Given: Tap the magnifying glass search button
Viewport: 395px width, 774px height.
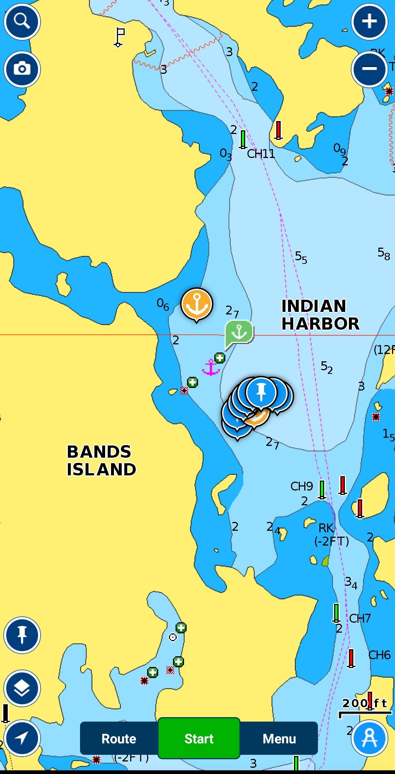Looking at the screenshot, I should click(x=22, y=21).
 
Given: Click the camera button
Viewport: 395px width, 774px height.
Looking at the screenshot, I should click(x=22, y=69).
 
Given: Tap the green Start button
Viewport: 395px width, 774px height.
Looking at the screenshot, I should click(x=199, y=739).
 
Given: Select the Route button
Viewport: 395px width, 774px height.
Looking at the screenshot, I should click(x=119, y=739).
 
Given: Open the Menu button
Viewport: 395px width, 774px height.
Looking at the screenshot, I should click(x=279, y=739).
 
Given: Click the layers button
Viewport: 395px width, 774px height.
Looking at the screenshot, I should click(x=22, y=688).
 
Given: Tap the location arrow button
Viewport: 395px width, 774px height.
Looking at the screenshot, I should click(x=22, y=738).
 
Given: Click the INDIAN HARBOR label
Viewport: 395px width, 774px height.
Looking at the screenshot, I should click(x=320, y=315).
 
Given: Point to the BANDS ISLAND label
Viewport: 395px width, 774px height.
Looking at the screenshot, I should click(x=101, y=461).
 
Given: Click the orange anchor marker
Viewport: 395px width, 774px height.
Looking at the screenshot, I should click(x=197, y=304).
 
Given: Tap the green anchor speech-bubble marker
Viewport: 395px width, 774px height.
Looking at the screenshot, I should click(x=239, y=331).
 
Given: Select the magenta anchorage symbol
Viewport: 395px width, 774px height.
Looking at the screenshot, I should click(x=211, y=368).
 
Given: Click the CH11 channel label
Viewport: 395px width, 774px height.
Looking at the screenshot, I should click(x=261, y=154).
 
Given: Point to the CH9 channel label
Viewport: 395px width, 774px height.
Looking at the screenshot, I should click(x=301, y=486).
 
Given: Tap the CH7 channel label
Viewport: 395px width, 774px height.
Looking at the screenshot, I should click(x=360, y=618).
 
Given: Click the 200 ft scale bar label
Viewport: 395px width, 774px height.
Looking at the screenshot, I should click(x=364, y=703).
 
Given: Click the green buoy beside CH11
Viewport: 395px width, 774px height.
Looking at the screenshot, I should click(x=243, y=140).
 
